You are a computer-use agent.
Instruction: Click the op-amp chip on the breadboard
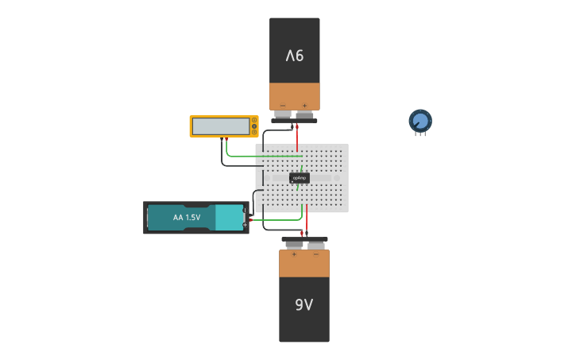tap(299, 178)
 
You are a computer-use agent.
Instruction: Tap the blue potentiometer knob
tap(420, 121)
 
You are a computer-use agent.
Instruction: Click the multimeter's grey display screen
tap(221, 126)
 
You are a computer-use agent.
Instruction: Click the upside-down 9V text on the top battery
tap(295, 56)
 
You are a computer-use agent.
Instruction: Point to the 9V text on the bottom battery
tap(303, 304)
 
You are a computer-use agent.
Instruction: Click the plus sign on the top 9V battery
tap(304, 105)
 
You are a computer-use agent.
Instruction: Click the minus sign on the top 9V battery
tap(282, 105)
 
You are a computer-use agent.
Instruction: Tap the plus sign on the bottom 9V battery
tap(294, 254)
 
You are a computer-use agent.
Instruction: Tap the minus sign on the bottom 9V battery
tap(315, 254)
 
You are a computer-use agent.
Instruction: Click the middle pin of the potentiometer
tap(420, 134)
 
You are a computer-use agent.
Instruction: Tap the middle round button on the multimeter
tap(254, 126)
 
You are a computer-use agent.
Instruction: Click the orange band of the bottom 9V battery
tap(303, 263)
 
